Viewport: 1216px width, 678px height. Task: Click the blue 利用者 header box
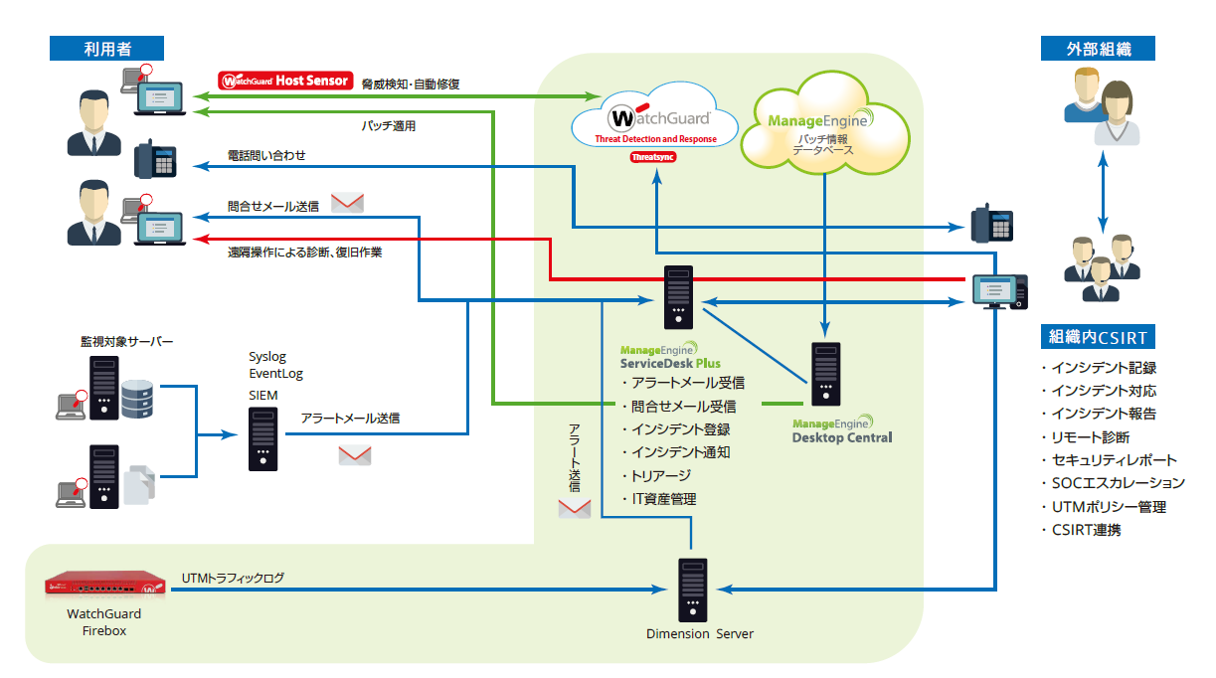coord(107,48)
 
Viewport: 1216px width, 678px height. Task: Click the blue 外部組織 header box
coord(1098,48)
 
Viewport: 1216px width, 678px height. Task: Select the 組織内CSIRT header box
coord(1098,336)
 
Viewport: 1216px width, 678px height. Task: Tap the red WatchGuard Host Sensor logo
coord(285,81)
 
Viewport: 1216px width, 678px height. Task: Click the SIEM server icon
coord(262,437)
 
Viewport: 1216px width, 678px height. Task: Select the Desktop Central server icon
coord(825,373)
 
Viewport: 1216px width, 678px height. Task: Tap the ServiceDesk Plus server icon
coord(678,297)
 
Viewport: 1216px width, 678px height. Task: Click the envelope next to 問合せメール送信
coord(347,203)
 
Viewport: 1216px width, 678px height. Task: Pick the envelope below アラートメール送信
coord(355,455)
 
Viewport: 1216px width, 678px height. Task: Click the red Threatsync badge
coord(653,157)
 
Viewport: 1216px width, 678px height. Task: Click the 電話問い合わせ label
coord(266,156)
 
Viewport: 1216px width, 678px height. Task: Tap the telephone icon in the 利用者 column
coord(154,158)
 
